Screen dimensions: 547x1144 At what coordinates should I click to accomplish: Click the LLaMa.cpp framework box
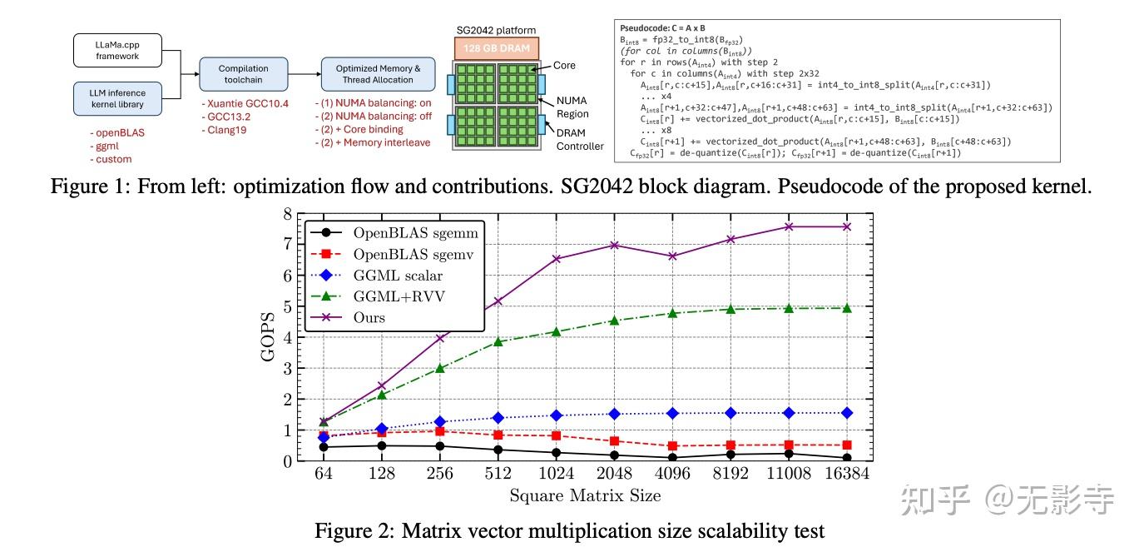117,49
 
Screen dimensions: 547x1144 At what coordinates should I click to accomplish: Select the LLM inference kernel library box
117,97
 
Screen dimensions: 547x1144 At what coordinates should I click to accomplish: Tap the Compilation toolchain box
243,73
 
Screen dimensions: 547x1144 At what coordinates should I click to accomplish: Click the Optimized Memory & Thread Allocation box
378,73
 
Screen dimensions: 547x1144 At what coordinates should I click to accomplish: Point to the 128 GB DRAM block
497,48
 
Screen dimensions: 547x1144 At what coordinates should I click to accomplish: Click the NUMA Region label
572,107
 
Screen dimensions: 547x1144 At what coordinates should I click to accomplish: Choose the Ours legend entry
369,318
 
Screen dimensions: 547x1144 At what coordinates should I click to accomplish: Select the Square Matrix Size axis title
585,496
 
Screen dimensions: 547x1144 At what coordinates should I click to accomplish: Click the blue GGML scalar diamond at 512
498,418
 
